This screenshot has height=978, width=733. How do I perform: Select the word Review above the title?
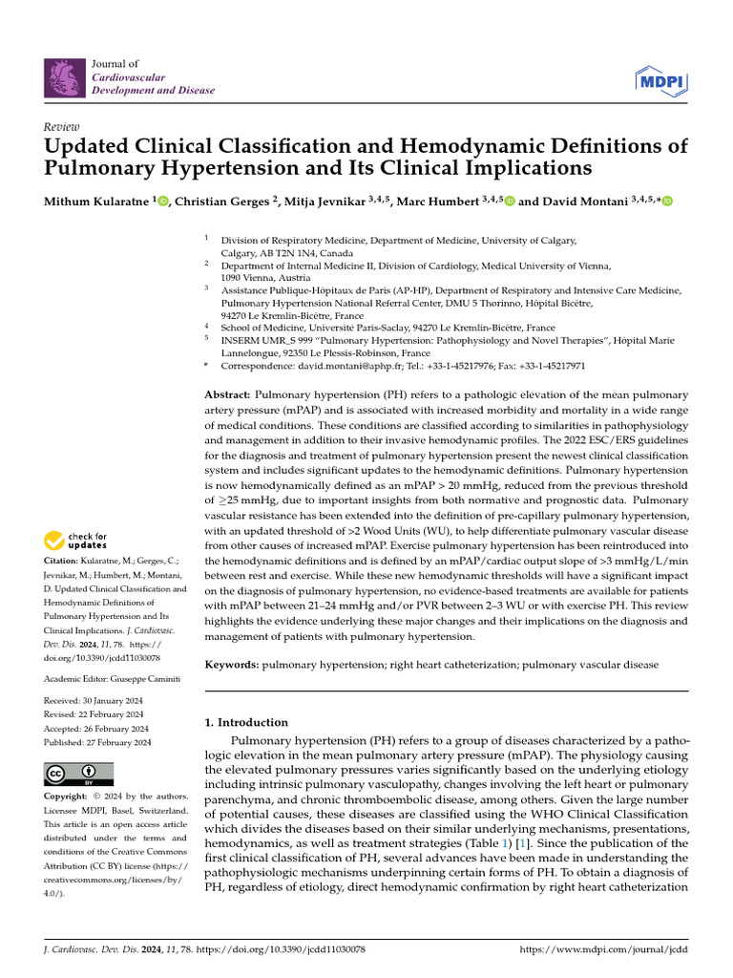[62, 127]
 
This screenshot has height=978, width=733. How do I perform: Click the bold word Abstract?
[228, 394]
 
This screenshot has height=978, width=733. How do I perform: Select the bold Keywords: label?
[232, 662]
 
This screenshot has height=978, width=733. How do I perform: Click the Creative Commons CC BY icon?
[79, 774]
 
